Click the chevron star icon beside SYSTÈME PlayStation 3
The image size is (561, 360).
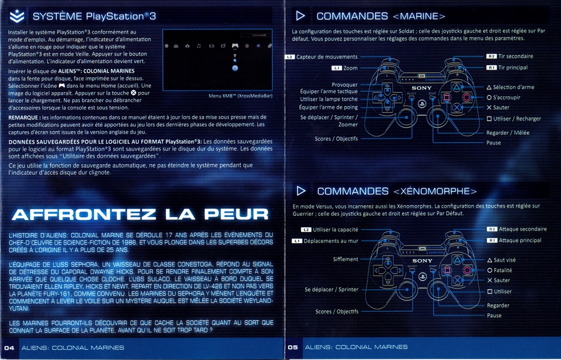point(17,16)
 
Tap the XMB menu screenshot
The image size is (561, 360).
point(217,60)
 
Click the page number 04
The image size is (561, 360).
point(9,348)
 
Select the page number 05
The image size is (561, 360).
point(293,347)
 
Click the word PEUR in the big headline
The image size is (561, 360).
point(237,214)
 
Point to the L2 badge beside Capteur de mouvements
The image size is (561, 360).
point(289,57)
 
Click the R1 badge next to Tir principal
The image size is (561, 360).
point(491,67)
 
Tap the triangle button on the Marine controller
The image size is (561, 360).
point(456,87)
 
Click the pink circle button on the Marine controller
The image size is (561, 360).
point(467,98)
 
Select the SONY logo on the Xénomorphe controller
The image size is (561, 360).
point(422,261)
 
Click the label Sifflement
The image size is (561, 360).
point(345,259)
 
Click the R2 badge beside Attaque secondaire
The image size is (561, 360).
point(492,229)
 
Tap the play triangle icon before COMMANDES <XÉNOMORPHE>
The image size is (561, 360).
point(301,191)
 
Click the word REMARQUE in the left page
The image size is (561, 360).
point(23,117)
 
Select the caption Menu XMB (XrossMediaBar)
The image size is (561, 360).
point(241,96)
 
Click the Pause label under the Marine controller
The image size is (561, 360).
point(494,143)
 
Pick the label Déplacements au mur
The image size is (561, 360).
point(331,241)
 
